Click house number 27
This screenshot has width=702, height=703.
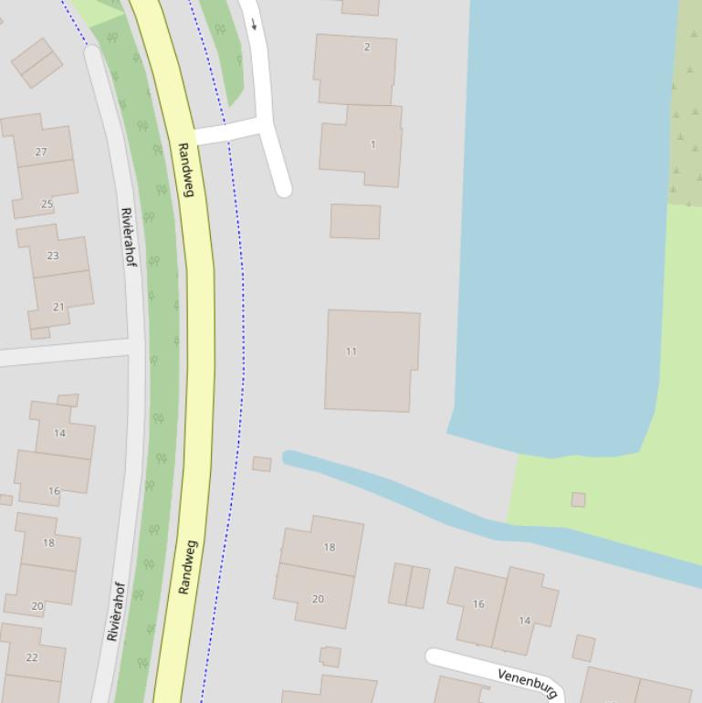tap(40, 152)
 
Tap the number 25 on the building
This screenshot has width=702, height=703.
tap(47, 204)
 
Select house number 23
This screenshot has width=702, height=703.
tap(52, 256)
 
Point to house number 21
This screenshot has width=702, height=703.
tap(58, 307)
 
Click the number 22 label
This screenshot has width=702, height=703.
tap(32, 657)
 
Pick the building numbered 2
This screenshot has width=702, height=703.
tap(367, 47)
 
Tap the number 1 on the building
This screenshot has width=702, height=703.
tap(372, 144)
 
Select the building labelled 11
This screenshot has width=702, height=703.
tap(351, 351)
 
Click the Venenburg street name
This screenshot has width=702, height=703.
tap(528, 682)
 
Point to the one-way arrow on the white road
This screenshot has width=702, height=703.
tap(254, 24)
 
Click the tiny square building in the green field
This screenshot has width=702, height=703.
tap(578, 499)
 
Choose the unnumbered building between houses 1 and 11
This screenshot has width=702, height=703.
tap(355, 222)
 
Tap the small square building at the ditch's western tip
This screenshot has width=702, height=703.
tap(262, 464)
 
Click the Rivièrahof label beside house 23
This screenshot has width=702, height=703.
tap(128, 237)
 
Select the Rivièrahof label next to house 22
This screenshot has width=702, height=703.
tap(114, 612)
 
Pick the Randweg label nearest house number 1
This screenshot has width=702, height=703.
tap(187, 169)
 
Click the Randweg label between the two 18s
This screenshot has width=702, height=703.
tap(187, 567)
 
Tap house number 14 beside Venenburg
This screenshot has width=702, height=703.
tap(524, 621)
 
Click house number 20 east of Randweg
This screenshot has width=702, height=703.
tap(318, 599)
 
